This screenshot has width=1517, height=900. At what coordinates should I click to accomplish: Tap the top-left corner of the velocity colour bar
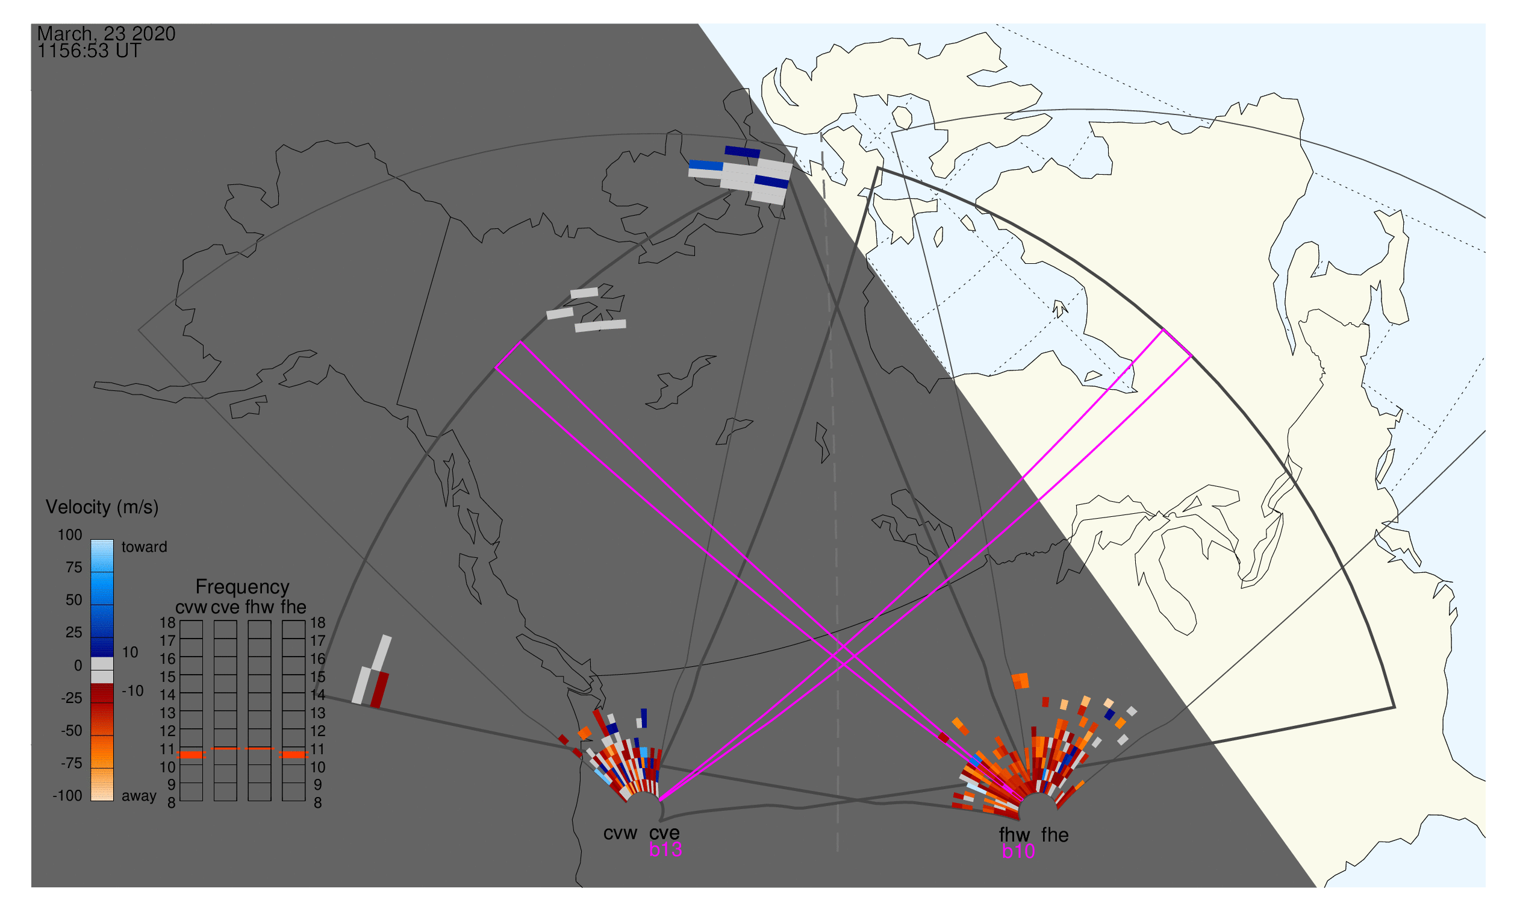[91, 540]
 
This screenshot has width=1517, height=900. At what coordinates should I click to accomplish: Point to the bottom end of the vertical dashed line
[837, 851]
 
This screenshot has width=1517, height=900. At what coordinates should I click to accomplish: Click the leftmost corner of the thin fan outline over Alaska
[139, 331]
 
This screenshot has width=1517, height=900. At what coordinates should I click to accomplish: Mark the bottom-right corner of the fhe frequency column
[305, 801]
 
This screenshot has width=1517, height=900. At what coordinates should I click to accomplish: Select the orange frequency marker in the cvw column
[191, 755]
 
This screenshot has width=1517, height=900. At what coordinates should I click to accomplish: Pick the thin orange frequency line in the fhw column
[260, 749]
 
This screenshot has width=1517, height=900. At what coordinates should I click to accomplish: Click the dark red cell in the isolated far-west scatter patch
[379, 690]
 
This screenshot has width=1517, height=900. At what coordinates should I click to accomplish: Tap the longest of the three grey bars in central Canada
[600, 327]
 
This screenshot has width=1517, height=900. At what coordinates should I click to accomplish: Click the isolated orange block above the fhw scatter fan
[1020, 681]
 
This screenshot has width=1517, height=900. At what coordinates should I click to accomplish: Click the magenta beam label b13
[665, 849]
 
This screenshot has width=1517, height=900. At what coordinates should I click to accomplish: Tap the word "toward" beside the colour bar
[145, 547]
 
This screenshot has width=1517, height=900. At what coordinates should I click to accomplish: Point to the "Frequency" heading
[243, 587]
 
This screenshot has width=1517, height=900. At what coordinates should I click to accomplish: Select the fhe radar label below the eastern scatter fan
[1055, 836]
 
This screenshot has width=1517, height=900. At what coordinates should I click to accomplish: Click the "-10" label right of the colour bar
[132, 691]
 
